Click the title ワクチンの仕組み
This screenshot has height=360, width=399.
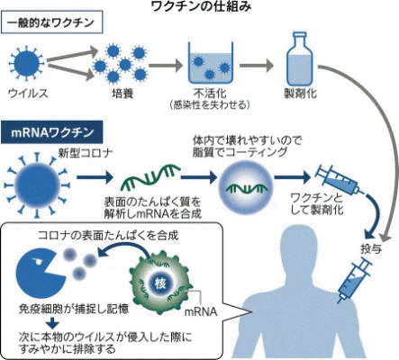tap(201, 6)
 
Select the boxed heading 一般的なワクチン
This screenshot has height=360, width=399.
tap(52, 22)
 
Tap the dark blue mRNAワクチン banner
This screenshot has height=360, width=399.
tap(52, 132)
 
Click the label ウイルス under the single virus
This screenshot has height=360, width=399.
tap(28, 93)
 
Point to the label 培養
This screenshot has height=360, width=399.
tap(122, 94)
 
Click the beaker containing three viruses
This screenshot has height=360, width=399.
tap(211, 63)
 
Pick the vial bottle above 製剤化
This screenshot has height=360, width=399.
tap(300, 59)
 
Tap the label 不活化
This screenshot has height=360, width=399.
tap(210, 93)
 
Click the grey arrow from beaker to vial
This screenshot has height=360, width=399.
tap(257, 67)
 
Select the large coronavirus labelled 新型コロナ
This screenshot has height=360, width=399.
tap(37, 184)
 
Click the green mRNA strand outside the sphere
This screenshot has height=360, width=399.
tap(150, 177)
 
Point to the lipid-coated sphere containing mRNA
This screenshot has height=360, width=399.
tap(245, 186)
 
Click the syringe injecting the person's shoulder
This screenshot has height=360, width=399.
tap(355, 281)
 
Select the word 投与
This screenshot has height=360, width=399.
tap(371, 248)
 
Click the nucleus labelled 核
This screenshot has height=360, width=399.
tap(159, 283)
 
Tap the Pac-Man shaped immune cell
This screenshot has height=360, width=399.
tap(41, 275)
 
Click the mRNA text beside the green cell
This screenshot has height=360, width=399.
tap(201, 311)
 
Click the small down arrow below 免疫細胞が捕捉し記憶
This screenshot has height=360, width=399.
tap(52, 324)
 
